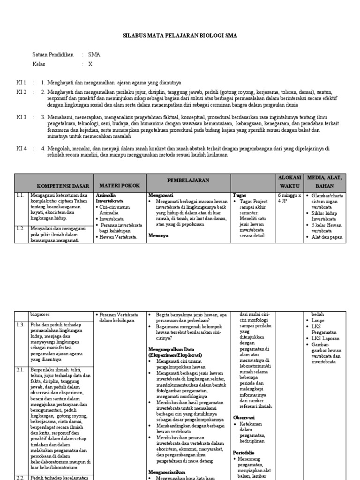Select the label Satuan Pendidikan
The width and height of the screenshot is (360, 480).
tap(53, 55)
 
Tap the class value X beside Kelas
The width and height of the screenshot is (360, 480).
tap(90, 64)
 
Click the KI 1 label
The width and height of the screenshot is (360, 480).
tap(22, 82)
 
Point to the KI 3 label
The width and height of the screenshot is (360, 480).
tap(22, 117)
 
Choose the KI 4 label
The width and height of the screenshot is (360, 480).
tap(22, 148)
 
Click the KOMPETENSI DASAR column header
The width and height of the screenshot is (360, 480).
tap(62, 186)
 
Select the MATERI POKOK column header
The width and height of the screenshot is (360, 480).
tap(120, 186)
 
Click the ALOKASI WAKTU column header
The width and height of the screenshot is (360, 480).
tap(290, 181)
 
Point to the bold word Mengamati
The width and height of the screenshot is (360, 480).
tap(161, 194)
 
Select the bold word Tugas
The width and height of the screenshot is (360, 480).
tap(239, 194)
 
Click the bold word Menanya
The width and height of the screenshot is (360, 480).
tap(158, 236)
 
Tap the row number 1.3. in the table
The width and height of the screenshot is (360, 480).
tap(20, 324)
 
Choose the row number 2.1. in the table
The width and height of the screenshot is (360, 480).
tap(20, 369)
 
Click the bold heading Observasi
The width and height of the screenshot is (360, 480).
tap(244, 417)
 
